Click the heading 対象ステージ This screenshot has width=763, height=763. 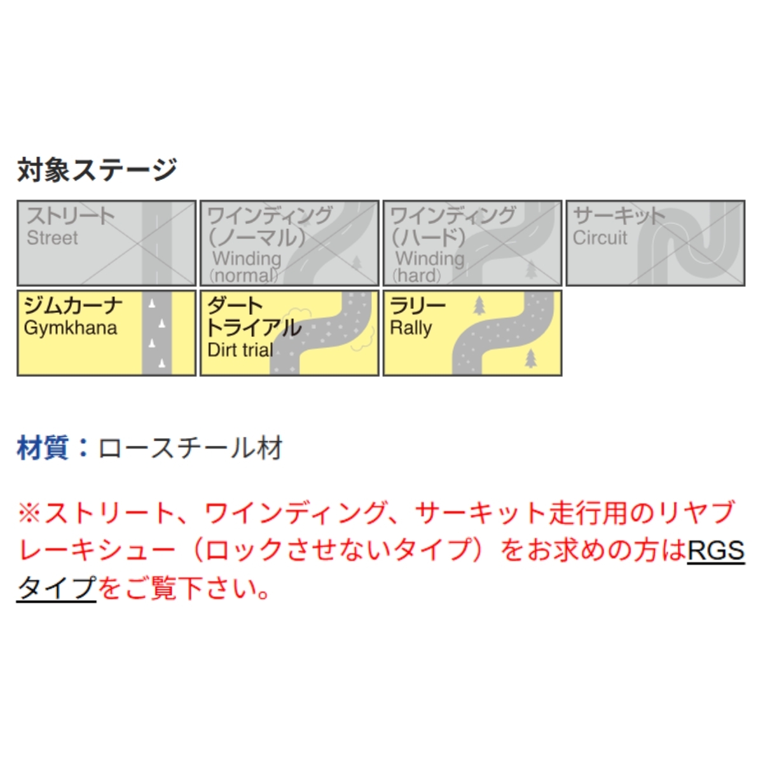[x=97, y=170]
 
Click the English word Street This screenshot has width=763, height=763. [x=52, y=238]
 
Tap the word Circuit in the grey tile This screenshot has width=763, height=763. [x=600, y=238]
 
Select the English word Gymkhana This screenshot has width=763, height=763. [x=71, y=328]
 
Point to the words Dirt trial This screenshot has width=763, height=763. [x=240, y=350]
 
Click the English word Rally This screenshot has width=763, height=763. [x=411, y=328]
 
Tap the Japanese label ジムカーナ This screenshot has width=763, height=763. [x=73, y=305]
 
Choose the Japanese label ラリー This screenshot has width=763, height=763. [x=418, y=305]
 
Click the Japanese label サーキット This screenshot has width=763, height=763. [x=619, y=216]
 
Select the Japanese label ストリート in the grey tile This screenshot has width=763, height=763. [x=71, y=216]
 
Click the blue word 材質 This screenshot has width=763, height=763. [x=43, y=448]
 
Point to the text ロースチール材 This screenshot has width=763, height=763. [x=191, y=448]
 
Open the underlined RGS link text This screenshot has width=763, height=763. [x=716, y=551]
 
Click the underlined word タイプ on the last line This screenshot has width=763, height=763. [x=57, y=588]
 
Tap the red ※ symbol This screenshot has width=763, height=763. [x=30, y=512]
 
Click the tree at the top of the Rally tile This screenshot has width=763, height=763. [x=479, y=306]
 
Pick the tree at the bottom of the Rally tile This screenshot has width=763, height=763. [x=530, y=359]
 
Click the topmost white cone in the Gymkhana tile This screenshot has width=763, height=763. [x=152, y=304]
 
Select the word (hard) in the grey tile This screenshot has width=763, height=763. [x=416, y=275]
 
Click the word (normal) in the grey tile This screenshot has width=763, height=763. [x=244, y=275]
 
